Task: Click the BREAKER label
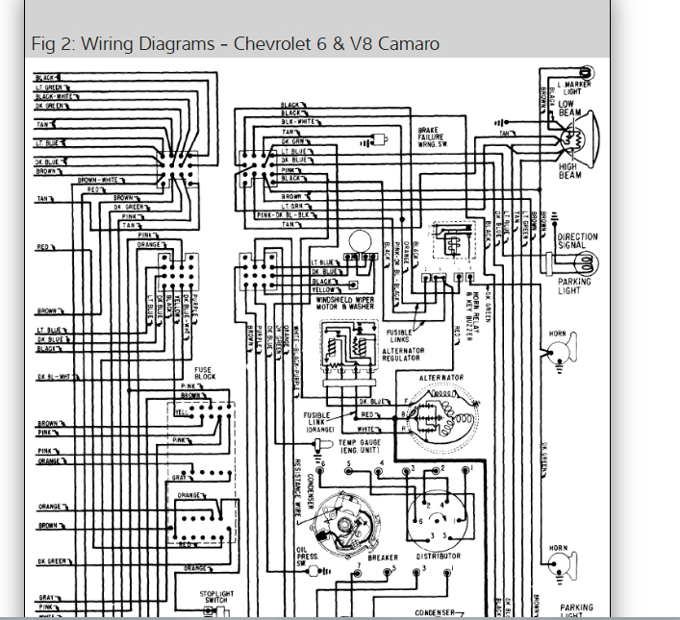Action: [x=383, y=558]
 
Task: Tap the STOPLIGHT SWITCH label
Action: [x=217, y=598]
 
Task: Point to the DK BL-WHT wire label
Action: [x=56, y=377]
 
